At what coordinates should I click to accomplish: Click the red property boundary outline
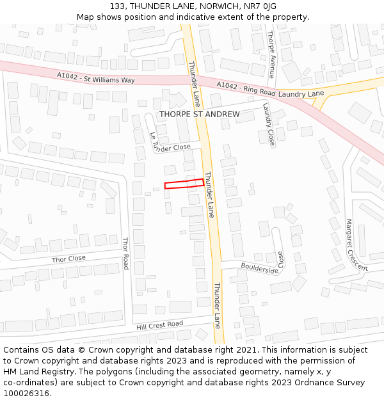click(184, 184)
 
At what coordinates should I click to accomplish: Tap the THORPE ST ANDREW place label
click(199, 115)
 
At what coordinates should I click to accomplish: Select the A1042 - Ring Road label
click(246, 89)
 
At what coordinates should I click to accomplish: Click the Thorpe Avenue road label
click(271, 54)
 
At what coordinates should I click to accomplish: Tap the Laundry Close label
click(268, 125)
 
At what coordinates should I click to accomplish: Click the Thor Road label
click(125, 253)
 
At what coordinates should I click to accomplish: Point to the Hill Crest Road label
click(159, 325)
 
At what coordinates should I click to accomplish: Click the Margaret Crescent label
click(356, 245)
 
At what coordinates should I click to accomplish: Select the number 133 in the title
click(116, 6)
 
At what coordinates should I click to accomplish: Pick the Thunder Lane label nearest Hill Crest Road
click(217, 305)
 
